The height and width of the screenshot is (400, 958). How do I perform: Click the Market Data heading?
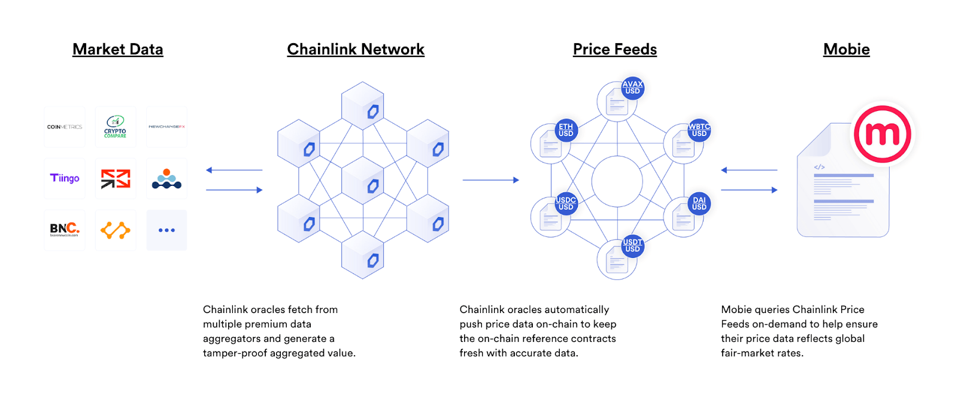tap(117, 49)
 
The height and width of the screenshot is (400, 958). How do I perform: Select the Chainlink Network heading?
tap(356, 49)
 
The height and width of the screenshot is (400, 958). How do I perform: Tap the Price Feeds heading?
tap(614, 49)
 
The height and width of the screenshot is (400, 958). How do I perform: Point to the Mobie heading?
tap(846, 49)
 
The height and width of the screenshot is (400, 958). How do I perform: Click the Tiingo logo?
tap(65, 178)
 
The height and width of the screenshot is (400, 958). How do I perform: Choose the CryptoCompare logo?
tap(115, 127)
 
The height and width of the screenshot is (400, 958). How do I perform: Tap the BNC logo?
tap(65, 229)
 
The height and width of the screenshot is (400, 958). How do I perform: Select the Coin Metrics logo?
tap(65, 127)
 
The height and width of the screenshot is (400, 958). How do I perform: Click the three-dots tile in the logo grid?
tap(166, 230)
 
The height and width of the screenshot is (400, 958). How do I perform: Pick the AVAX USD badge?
tap(632, 88)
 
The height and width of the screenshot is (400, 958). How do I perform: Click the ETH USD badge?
tap(566, 130)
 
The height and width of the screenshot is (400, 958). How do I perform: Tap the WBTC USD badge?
tap(699, 130)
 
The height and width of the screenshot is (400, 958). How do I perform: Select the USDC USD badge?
tap(566, 204)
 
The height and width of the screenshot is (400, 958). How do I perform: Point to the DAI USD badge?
tap(699, 204)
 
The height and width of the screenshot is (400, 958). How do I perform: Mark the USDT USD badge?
tap(632, 246)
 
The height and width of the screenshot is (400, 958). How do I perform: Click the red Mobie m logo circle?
tap(882, 134)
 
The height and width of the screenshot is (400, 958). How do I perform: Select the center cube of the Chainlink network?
tap(363, 180)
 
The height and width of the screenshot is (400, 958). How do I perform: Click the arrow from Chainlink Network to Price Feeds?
tap(490, 180)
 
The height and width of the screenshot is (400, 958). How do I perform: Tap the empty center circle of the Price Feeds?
tap(617, 181)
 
